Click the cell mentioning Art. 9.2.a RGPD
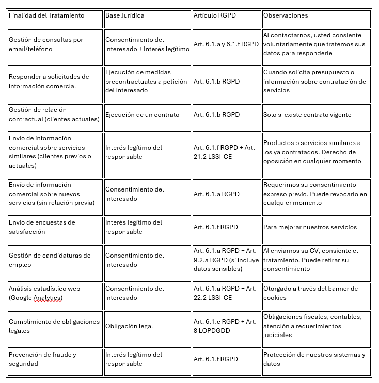click(226, 260)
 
